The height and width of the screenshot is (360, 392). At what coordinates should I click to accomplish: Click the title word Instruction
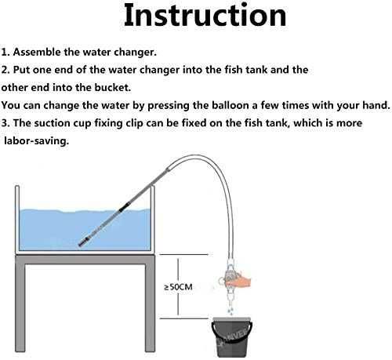[x=205, y=15]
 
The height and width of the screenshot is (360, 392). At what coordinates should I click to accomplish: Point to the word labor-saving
[x=36, y=141]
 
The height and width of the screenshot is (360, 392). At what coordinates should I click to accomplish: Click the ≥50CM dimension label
[x=179, y=287]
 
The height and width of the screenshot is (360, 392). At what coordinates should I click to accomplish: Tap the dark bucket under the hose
[x=231, y=337]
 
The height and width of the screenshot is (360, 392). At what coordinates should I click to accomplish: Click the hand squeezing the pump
[x=237, y=280]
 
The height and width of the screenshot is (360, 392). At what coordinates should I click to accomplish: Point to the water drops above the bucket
[x=230, y=309]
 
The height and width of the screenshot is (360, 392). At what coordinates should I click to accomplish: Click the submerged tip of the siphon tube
[x=81, y=244]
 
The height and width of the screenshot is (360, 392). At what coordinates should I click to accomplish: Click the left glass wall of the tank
[x=17, y=218]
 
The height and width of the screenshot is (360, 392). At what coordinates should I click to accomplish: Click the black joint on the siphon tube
[x=123, y=206]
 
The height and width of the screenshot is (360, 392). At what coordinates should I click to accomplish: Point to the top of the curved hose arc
[x=194, y=155]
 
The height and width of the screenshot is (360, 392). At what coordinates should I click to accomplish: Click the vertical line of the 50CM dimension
[x=178, y=287]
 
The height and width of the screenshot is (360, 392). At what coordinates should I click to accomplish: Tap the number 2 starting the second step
[x=4, y=70]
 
